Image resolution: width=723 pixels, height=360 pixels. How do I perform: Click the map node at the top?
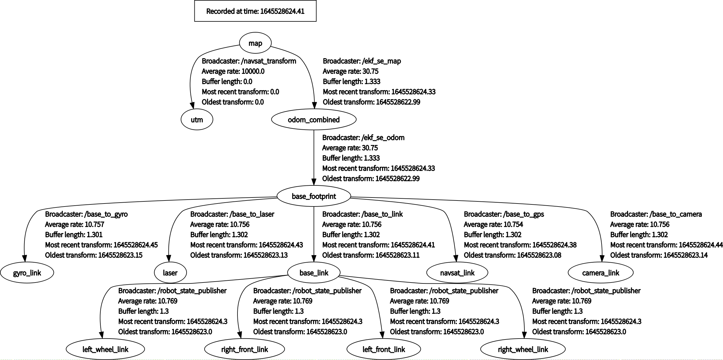[x=255, y=43]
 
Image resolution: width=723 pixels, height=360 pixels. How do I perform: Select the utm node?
[x=197, y=120]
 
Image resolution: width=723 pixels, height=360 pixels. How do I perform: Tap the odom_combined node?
[x=314, y=120]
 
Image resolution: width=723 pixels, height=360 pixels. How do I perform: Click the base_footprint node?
[x=314, y=196]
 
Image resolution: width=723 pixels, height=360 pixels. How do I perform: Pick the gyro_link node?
[x=27, y=273]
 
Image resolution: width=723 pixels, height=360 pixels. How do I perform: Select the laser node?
[x=170, y=273]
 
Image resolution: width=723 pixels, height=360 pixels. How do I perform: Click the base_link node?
[x=314, y=273]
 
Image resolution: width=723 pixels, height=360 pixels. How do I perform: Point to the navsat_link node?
[x=457, y=273]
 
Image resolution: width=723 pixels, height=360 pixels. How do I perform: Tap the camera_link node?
[x=601, y=273]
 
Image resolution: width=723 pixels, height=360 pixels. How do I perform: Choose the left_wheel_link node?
[x=105, y=349]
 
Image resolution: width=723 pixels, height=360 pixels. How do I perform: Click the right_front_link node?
[x=244, y=349]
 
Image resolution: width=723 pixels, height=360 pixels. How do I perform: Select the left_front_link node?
[x=384, y=349]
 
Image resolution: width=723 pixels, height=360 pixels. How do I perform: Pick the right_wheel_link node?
[x=523, y=349]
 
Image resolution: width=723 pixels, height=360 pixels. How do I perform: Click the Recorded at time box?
[x=255, y=11]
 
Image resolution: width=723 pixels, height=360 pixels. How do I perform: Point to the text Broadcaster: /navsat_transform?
[x=249, y=61]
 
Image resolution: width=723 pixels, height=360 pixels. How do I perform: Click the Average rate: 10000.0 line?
[x=233, y=71]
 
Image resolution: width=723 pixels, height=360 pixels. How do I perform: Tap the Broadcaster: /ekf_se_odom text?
[x=363, y=137]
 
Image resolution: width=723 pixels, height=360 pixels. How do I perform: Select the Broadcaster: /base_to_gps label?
[x=504, y=214]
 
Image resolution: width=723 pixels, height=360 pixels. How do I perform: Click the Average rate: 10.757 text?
[x=74, y=224]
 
